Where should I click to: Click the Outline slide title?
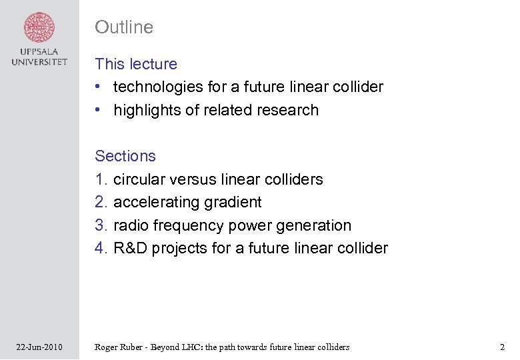point(124,27)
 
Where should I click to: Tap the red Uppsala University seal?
point(39,27)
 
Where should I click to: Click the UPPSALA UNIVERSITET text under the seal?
point(39,57)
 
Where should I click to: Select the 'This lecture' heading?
point(136,64)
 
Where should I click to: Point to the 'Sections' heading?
point(125,156)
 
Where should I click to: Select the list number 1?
point(101,179)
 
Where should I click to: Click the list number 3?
point(101,225)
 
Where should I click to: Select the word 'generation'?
point(313,225)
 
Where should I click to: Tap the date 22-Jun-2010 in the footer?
point(39,347)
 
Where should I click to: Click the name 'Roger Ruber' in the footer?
point(120,347)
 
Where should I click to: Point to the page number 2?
point(502,347)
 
